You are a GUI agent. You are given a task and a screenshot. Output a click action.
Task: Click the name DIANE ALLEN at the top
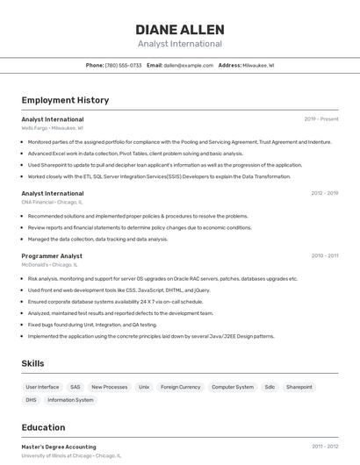tap(180, 29)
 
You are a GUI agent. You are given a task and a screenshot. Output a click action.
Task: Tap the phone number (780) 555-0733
tap(123, 65)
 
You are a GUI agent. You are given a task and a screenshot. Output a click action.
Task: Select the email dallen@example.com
tap(188, 65)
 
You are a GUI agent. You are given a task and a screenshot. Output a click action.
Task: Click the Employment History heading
tap(65, 100)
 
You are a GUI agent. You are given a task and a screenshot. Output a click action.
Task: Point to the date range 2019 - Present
tap(321, 118)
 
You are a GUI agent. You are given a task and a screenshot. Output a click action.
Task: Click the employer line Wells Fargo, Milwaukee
tap(53, 127)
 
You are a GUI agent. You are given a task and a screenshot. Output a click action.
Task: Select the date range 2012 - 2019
tap(324, 193)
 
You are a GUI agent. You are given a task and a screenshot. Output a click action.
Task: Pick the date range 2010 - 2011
tap(324, 255)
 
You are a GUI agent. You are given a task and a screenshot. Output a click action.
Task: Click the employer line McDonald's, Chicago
tap(50, 264)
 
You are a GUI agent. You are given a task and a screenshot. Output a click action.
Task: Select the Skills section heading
tap(33, 363)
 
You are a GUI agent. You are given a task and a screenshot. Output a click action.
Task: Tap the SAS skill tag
tap(76, 387)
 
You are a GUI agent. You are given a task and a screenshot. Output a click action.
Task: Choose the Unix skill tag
tap(144, 387)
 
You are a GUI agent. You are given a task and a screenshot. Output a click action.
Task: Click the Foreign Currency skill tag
tap(181, 387)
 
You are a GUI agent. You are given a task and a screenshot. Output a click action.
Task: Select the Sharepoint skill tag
tap(299, 387)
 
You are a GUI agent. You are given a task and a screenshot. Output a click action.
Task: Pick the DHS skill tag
tap(31, 400)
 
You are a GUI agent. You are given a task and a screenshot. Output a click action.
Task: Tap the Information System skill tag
tap(70, 400)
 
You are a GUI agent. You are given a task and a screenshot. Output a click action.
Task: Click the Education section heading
tap(43, 427)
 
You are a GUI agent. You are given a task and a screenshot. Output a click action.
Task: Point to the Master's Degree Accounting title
tap(59, 447)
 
